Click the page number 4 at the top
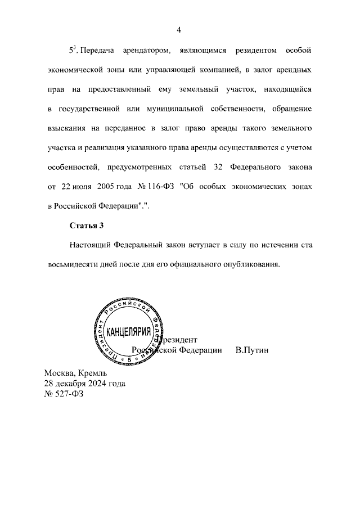coord(178,30)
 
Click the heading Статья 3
coord(87,226)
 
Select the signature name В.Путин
coord(253,350)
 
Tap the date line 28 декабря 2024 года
coord(84,383)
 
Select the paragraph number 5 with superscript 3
coord(72,51)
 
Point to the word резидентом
coord(258,51)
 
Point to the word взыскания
coord(67,128)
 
